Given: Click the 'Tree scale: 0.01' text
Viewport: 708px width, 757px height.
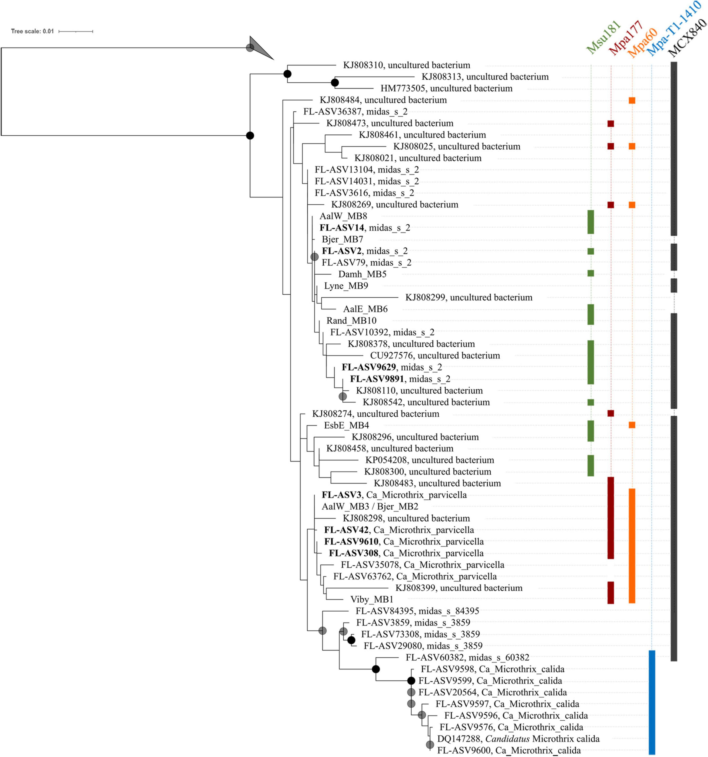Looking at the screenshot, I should pos(32,31).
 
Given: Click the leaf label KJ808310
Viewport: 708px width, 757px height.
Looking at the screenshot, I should pos(406,65).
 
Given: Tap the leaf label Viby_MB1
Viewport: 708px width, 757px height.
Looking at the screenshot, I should pos(371,599).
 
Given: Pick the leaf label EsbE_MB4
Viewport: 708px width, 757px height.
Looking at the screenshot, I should pos(346,425).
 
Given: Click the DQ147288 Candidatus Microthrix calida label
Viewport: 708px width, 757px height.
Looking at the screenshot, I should pos(518,739).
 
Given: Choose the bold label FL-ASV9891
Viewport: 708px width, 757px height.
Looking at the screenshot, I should pos(400,379).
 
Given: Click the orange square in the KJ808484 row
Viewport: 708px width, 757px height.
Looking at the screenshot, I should pos(632,101).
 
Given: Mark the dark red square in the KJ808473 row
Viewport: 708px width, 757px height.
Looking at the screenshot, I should pos(610,123).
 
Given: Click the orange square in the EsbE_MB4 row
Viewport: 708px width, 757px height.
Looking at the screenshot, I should pos(632,425).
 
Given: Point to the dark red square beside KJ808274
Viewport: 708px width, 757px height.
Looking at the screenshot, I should pos(610,414).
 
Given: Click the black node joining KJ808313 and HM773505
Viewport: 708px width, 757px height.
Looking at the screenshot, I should pos(335,83).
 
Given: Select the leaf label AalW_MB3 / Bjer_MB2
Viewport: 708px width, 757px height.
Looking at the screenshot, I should pos(370,507).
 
